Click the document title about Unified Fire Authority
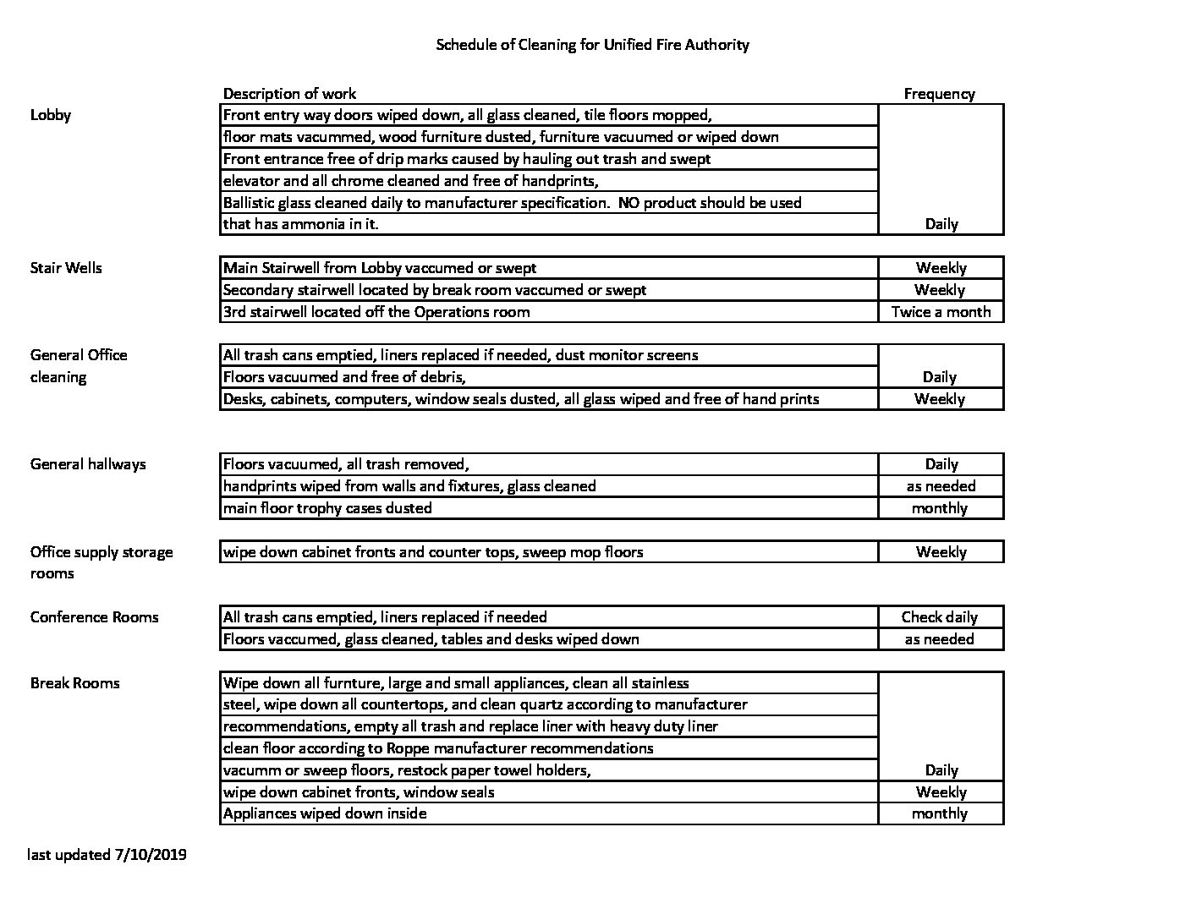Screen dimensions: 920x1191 [592, 45]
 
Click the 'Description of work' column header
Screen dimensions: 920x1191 [289, 94]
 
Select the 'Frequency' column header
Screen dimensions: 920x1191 [939, 94]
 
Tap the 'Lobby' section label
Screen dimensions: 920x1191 [51, 115]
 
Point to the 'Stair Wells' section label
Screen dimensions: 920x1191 [66, 268]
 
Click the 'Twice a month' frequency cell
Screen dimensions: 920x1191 [941, 312]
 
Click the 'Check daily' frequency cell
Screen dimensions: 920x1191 [939, 617]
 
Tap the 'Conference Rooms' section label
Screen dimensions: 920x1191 [94, 617]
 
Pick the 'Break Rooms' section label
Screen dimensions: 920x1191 [74, 683]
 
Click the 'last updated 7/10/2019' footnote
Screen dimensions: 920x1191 [107, 855]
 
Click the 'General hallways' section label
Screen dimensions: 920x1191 [88, 464]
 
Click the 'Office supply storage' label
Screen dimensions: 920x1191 [102, 552]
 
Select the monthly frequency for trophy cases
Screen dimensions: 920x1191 [939, 508]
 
